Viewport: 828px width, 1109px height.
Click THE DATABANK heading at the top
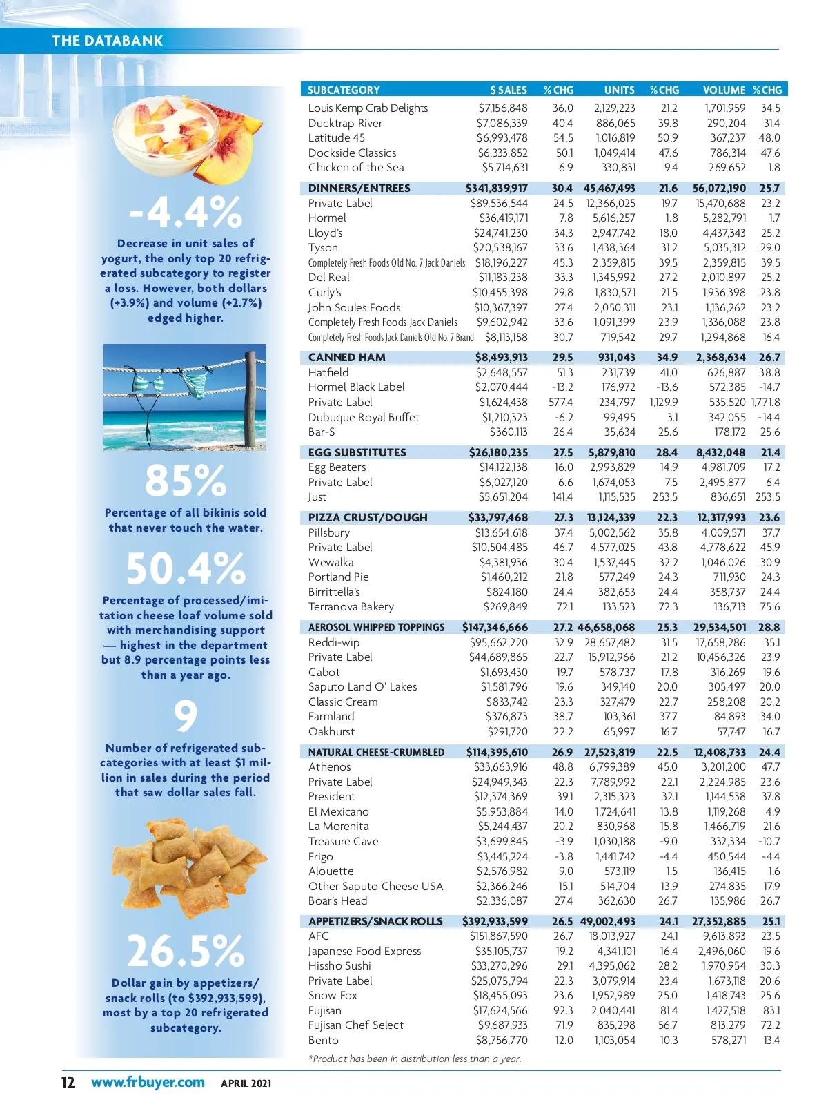click(x=107, y=41)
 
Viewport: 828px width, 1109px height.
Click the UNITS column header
click(x=619, y=90)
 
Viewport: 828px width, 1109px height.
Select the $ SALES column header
click(x=509, y=90)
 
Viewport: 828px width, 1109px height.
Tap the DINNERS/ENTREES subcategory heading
click(x=359, y=188)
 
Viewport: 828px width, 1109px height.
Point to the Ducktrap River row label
click(x=345, y=123)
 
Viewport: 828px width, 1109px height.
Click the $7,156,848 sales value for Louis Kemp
click(x=502, y=108)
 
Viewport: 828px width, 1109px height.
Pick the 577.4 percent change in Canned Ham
click(x=560, y=402)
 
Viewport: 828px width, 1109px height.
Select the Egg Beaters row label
click(x=337, y=467)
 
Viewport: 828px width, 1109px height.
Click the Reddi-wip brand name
click(x=333, y=642)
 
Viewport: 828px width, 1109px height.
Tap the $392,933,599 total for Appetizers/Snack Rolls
click(x=495, y=921)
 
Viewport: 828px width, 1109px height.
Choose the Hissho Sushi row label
click(x=339, y=965)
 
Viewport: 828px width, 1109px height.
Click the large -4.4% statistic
click(x=185, y=211)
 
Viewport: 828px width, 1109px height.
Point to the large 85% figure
click(x=185, y=481)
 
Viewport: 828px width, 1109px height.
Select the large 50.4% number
click(x=185, y=568)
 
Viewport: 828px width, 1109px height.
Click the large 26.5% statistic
click(x=185, y=951)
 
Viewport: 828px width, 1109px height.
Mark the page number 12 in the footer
click(x=68, y=1082)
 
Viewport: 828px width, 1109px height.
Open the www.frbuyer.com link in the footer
click(x=148, y=1082)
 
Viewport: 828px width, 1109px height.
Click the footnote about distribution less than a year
click(x=414, y=1059)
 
